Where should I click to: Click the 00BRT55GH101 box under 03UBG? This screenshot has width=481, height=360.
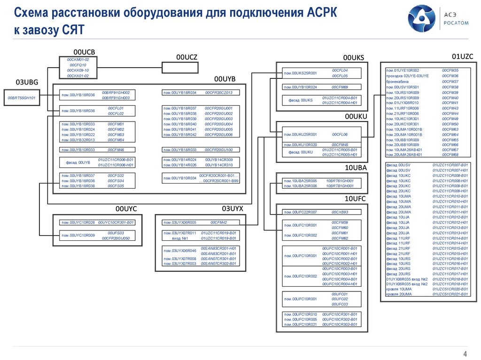[x=22, y=98]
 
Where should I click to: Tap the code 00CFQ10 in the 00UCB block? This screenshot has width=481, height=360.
[x=78, y=65]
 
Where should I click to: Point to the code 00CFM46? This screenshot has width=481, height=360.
[x=116, y=150]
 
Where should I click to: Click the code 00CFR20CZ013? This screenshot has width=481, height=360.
[x=218, y=92]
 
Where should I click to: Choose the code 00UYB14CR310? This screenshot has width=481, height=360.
[x=218, y=165]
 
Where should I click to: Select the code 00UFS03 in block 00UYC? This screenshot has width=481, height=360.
[x=116, y=233]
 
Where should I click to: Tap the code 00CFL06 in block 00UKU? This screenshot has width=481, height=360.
[x=340, y=134]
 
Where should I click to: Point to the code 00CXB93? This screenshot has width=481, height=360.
[x=340, y=212]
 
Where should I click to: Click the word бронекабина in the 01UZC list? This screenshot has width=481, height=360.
[x=397, y=81]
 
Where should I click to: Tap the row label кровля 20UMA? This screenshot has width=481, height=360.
[x=399, y=294]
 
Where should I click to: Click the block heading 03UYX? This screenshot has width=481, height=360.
[x=233, y=208]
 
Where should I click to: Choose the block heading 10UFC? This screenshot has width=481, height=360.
[x=356, y=199]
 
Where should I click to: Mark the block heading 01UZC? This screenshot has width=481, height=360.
[x=462, y=56]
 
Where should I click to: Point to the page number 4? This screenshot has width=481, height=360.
[x=465, y=354]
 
